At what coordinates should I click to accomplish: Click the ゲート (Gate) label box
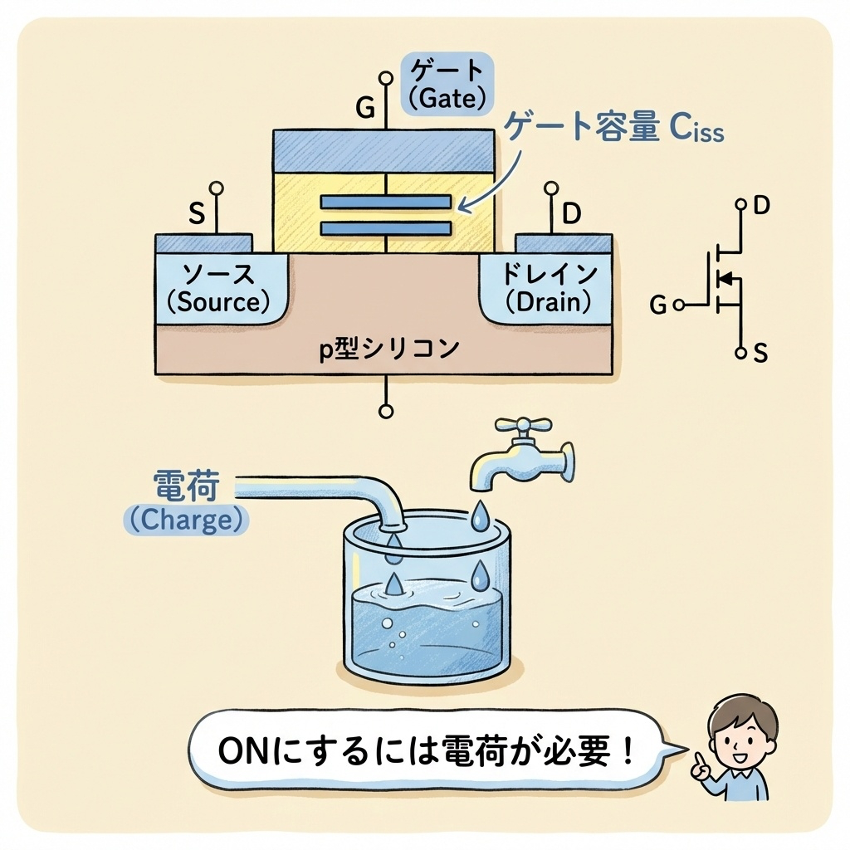(447, 84)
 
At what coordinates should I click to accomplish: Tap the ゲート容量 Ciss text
(613, 128)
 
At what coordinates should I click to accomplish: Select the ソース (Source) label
(218, 288)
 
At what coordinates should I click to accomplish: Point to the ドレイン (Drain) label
(549, 288)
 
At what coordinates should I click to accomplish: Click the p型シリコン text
(388, 349)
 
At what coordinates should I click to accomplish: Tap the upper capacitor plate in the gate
(386, 202)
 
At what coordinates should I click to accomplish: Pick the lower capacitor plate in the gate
(386, 228)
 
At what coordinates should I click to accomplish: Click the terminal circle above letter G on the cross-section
(386, 77)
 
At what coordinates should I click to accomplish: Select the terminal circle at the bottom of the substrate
(386, 412)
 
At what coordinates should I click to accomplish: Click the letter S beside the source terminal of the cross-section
(197, 213)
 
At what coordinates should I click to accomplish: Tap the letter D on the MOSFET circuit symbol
(762, 206)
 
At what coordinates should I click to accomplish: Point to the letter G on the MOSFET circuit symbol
(658, 305)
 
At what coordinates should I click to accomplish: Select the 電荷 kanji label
(187, 485)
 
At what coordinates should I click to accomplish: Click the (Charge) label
(187, 520)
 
